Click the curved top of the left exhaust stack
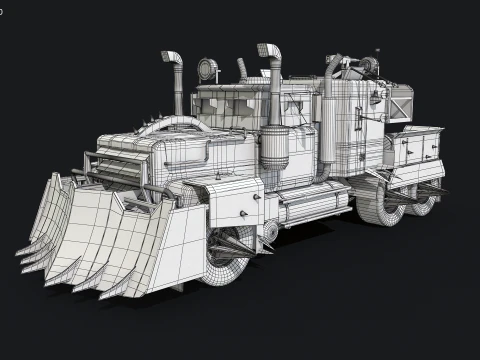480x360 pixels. coord(172,57)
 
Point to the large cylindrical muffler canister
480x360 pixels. coord(274,146)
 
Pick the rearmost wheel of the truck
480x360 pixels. coord(424,199)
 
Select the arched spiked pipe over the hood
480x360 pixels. coord(175,124)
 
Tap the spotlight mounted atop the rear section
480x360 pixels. coord(367,67)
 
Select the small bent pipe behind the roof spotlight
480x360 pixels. coord(241,69)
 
